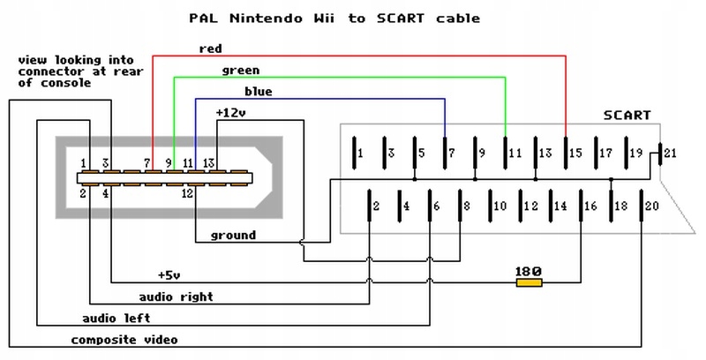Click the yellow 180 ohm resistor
click(x=529, y=282)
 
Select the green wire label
click(x=241, y=70)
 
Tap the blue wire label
click(x=258, y=92)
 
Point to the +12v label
click(x=231, y=112)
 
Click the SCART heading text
click(x=627, y=116)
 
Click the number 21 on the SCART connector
click(x=670, y=154)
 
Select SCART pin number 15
click(x=575, y=154)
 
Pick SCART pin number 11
click(x=515, y=154)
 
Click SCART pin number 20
click(x=652, y=206)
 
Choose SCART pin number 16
click(x=590, y=206)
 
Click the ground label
click(x=233, y=236)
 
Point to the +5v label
click(x=169, y=274)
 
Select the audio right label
click(x=176, y=296)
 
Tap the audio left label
click(x=116, y=318)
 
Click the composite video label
click(x=124, y=340)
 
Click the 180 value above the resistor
click(x=529, y=271)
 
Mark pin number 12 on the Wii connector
click(x=187, y=191)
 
